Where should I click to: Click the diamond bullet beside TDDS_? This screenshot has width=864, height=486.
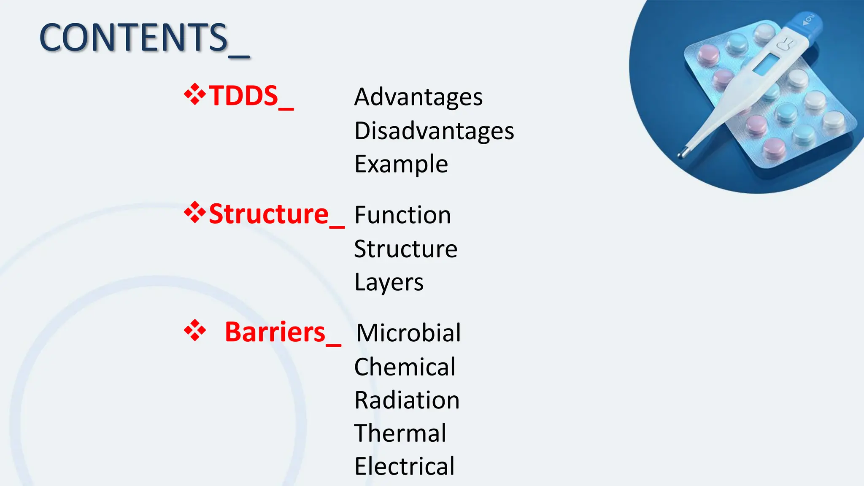(x=194, y=94)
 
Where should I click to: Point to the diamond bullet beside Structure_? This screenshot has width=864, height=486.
(x=194, y=212)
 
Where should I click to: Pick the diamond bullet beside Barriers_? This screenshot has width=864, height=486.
(x=194, y=330)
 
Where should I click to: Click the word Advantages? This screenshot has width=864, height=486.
(x=418, y=97)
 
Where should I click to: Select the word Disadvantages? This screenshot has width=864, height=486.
(x=434, y=131)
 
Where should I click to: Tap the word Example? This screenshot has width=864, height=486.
(x=401, y=164)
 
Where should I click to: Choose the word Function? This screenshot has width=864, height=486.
(x=402, y=215)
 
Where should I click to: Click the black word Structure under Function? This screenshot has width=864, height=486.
(x=405, y=249)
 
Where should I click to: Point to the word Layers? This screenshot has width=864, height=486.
(x=389, y=282)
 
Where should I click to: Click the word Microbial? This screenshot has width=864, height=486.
(x=408, y=333)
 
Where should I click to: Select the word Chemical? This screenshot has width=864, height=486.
(x=405, y=367)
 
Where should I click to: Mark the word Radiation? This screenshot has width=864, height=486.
(x=407, y=400)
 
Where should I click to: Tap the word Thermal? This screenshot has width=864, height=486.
(x=400, y=433)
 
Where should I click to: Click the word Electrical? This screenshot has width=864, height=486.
(x=404, y=467)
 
